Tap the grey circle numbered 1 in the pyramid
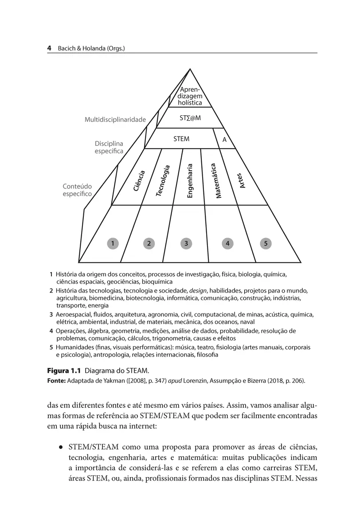tap(113, 243)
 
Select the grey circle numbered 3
tap(187, 243)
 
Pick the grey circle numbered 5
tap(266, 243)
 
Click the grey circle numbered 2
tap(149, 243)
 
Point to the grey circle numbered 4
tap(227, 243)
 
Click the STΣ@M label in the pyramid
tap(190, 119)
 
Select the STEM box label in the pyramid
tap(181, 139)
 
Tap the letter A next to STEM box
tap(224, 140)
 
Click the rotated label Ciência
tap(139, 181)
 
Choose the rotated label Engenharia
tap(190, 181)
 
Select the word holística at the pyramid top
tap(190, 103)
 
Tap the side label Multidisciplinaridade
tap(115, 120)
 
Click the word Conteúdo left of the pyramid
tap(77, 187)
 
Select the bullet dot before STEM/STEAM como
tap(59, 446)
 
